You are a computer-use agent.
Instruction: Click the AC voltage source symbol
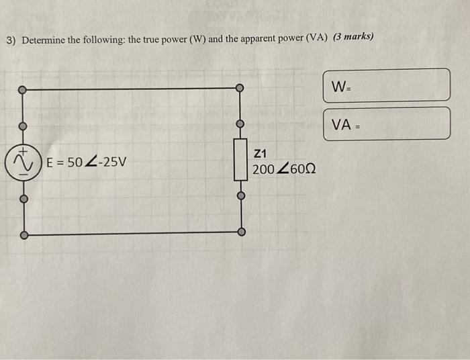click(23, 163)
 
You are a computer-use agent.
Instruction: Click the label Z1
click(261, 152)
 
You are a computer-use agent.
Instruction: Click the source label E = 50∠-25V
click(85, 163)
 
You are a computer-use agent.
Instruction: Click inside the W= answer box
click(386, 85)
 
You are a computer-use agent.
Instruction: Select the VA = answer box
click(386, 124)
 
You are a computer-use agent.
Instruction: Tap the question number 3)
click(11, 40)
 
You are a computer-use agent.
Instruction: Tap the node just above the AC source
click(22, 126)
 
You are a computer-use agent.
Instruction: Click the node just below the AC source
click(23, 199)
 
